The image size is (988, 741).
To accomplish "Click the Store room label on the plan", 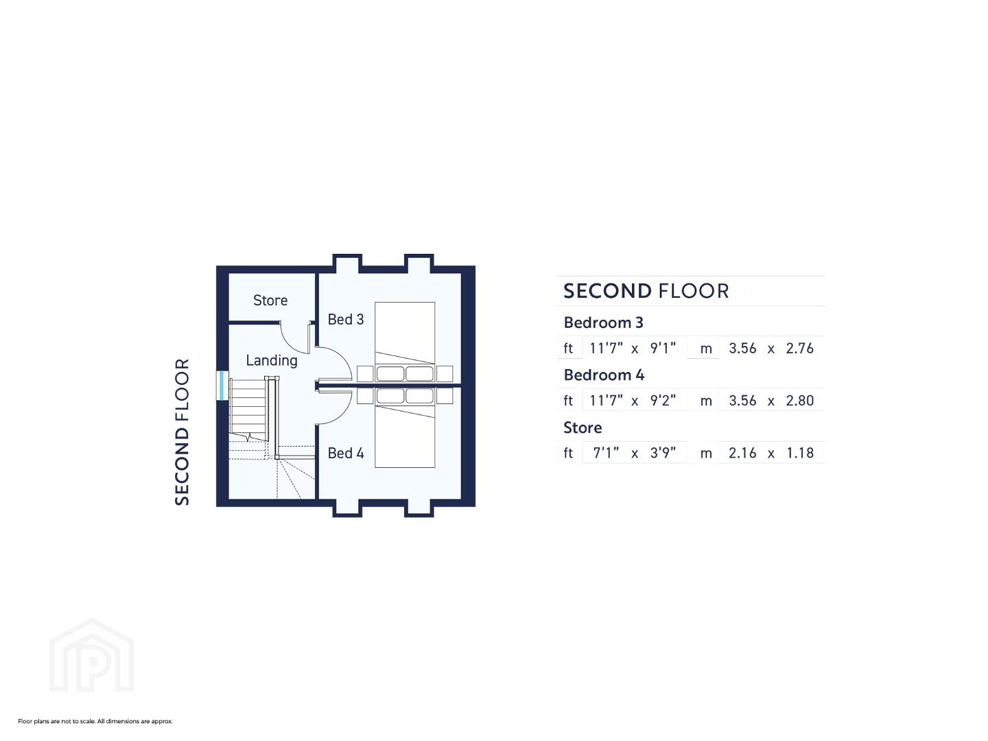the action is tap(270, 300).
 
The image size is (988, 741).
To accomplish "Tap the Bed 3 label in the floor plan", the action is tap(345, 319).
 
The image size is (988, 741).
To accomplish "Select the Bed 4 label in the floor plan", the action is tap(345, 453).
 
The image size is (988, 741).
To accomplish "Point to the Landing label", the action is tap(272, 360).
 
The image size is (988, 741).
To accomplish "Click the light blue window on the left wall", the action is tap(222, 385).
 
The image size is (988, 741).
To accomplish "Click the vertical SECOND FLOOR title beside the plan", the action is tap(182, 432).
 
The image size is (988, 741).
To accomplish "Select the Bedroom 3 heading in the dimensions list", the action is tap(603, 322).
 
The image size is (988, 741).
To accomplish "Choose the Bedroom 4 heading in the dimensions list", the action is tap(604, 375).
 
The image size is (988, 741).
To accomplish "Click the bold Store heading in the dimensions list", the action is tap(583, 427).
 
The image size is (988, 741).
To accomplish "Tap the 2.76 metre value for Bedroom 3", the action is tap(799, 349).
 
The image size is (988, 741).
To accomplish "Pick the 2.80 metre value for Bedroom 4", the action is tap(799, 401).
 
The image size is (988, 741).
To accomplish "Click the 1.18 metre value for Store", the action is tap(799, 453).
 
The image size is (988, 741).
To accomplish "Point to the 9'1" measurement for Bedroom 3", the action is tap(663, 348).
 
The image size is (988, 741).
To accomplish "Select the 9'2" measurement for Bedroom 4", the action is tap(663, 400).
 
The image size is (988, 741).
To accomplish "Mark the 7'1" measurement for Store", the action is tap(605, 452).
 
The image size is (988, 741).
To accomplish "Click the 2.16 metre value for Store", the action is tap(742, 453).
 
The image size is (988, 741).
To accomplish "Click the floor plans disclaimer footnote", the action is tap(95, 721).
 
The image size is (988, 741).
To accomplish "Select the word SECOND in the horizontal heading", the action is tap(607, 291).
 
